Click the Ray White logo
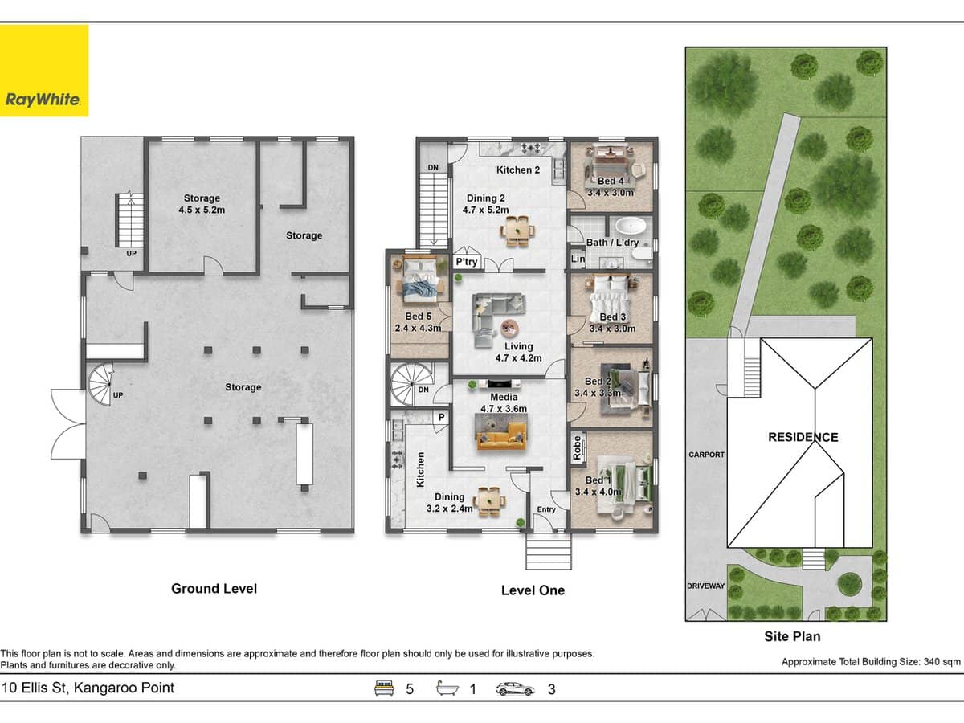[44, 71]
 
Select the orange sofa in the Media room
[501, 439]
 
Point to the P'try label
[466, 262]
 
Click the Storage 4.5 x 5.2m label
[202, 204]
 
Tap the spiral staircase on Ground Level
[101, 385]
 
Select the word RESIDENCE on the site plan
[803, 437]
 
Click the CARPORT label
[706, 455]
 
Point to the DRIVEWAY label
[706, 586]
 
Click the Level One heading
[533, 590]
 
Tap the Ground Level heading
[214, 588]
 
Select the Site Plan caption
[792, 636]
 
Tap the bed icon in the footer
[386, 688]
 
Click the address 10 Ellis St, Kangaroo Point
[88, 688]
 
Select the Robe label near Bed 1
[577, 447]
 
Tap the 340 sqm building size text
[871, 662]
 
